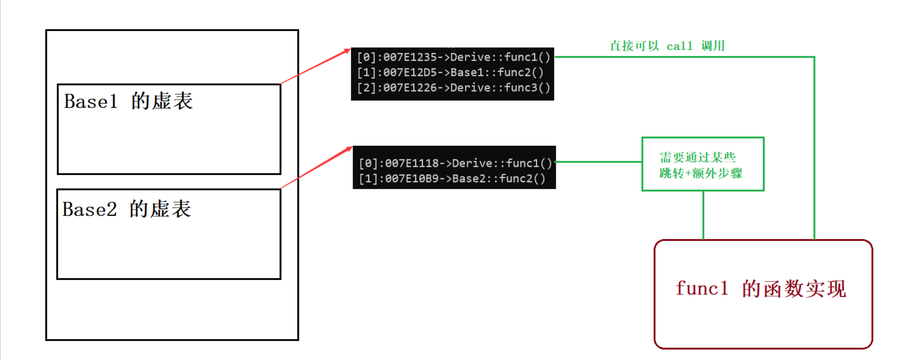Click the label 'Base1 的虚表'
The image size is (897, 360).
[129, 101]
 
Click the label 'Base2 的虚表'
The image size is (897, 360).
[127, 210]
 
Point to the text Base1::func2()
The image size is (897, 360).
[497, 73]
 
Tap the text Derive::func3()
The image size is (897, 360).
[500, 87]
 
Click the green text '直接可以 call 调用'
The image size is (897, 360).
[667, 46]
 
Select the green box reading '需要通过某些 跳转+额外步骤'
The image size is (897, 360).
[702, 164]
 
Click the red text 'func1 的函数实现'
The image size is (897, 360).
[761, 289]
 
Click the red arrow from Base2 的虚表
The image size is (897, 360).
[317, 167]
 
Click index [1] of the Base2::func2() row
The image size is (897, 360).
[367, 179]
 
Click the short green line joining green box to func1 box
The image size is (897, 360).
[704, 215]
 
